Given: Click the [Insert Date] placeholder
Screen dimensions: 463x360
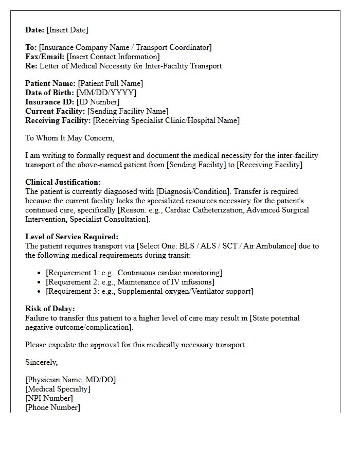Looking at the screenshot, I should click(67, 30).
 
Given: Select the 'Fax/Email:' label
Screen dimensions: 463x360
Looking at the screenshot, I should click(45, 57).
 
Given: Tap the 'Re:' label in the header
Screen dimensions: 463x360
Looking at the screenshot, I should click(31, 66).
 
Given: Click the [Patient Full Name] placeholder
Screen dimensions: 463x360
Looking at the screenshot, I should click(111, 83).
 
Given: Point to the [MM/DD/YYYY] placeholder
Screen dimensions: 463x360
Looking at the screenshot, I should click(106, 93).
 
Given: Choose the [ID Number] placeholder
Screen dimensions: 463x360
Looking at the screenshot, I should click(98, 102).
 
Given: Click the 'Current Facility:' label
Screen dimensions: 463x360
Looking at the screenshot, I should click(55, 111).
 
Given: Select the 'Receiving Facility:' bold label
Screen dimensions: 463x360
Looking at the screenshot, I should click(58, 120).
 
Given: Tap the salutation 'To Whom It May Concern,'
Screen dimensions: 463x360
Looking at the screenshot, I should click(69, 138).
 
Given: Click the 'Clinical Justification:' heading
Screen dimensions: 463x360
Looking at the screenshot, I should click(63, 182).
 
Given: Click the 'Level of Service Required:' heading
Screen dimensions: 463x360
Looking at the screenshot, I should click(71, 237).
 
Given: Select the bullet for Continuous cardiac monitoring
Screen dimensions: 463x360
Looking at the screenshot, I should click(134, 273).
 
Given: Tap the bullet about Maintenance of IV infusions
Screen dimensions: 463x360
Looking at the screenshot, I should click(130, 282).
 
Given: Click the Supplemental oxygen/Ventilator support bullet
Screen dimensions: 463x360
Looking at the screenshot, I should click(149, 291).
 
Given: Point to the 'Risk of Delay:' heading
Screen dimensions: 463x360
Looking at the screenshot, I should click(50, 309).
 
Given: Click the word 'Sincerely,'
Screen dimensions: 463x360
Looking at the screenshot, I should click(41, 362).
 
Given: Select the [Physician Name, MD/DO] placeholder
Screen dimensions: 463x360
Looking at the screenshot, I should click(70, 380).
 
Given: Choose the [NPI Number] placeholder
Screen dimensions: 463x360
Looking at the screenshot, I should click(49, 398).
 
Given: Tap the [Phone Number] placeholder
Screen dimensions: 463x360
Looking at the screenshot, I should click(52, 407).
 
